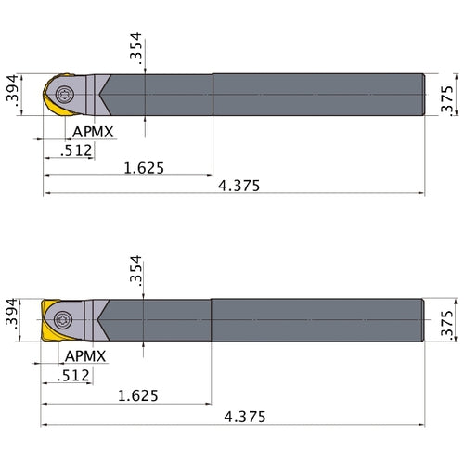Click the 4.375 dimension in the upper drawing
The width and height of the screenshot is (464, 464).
coord(238,185)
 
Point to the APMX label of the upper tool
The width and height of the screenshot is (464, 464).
coord(92,132)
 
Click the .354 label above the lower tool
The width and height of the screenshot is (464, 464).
coord(136,273)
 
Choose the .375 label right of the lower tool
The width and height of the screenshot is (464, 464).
coord(448,321)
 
